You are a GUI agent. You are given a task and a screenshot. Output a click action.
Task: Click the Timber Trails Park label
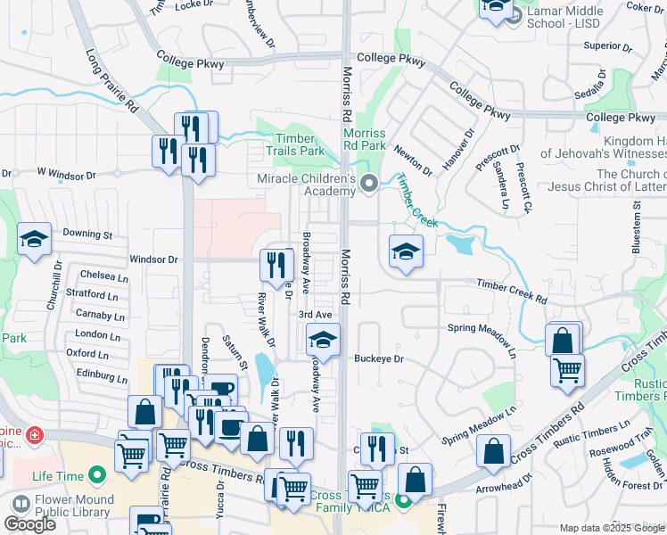click(294, 144)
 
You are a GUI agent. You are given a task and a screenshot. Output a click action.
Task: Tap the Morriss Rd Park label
click(364, 139)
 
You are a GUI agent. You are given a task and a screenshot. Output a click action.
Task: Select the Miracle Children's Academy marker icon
click(369, 185)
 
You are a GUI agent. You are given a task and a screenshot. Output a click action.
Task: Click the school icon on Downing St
click(34, 240)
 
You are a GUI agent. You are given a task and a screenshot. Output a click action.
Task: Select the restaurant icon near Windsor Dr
click(276, 263)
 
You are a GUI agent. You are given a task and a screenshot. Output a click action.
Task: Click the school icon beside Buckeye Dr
click(323, 340)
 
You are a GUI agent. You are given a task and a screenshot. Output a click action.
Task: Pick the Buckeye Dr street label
click(379, 359)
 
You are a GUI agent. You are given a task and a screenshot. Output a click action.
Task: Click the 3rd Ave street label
click(315, 315)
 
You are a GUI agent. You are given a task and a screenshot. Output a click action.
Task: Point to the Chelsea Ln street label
click(98, 276)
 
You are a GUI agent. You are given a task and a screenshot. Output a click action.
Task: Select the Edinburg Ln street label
click(96, 376)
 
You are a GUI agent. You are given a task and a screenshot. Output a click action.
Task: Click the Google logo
click(30, 524)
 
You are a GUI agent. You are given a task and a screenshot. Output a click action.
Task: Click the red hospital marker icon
click(34, 436)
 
